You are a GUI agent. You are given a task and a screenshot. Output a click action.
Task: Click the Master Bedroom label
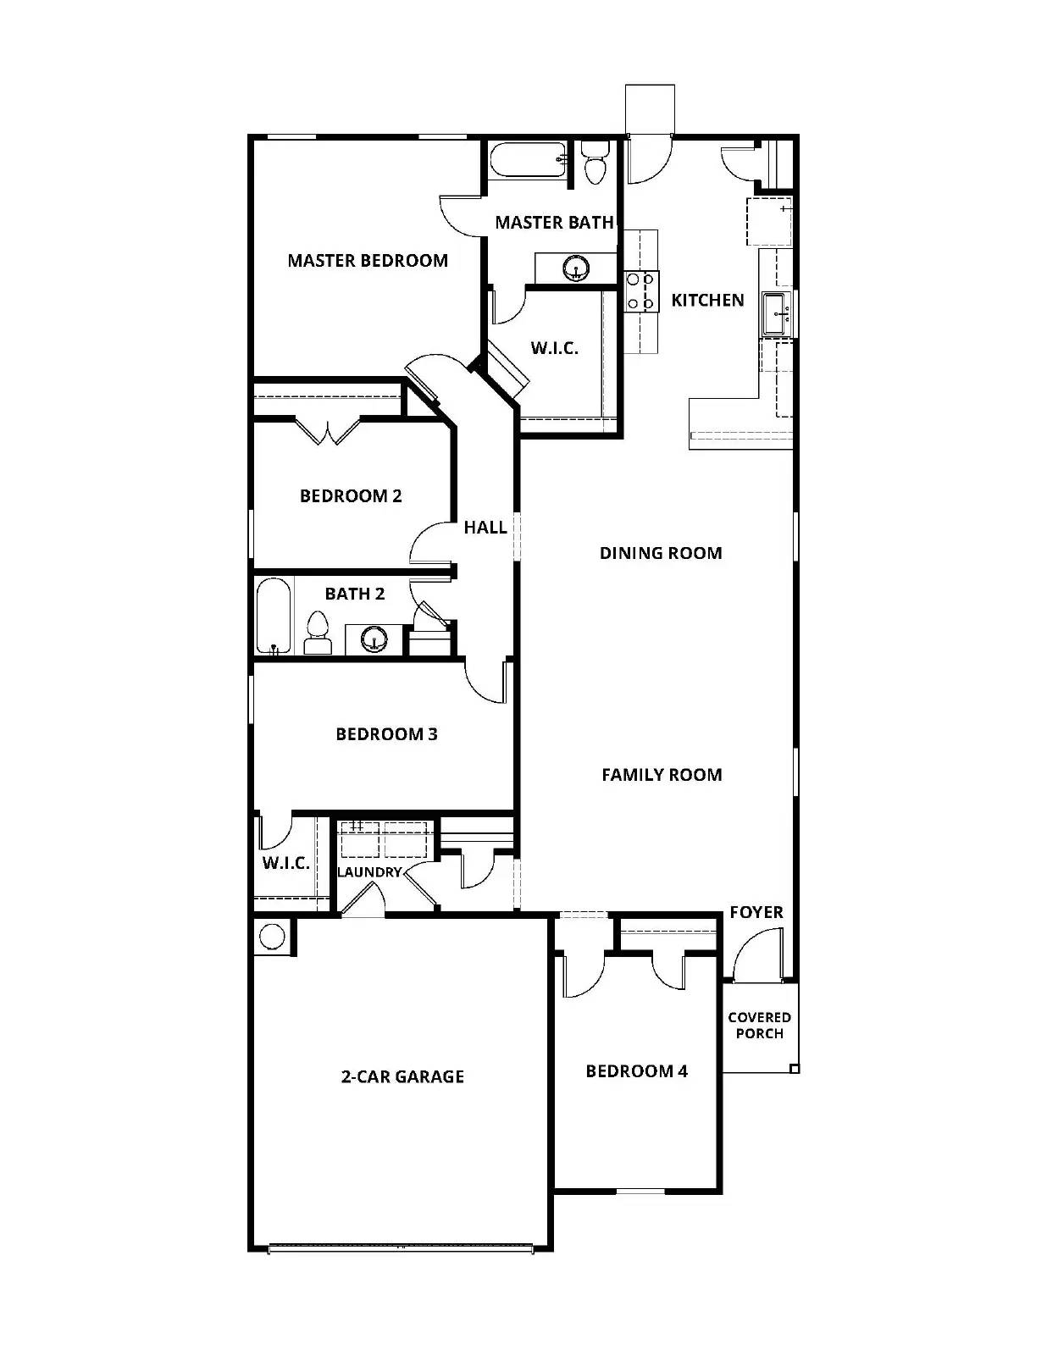pyautogui.click(x=367, y=261)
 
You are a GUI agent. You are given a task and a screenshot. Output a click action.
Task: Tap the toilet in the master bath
pyautogui.click(x=596, y=165)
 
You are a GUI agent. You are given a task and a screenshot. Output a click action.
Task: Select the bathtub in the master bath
pyautogui.click(x=528, y=161)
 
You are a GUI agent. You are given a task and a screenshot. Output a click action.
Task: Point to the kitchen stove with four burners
pyautogui.click(x=641, y=290)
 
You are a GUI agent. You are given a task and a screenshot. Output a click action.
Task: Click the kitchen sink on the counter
pyautogui.click(x=776, y=313)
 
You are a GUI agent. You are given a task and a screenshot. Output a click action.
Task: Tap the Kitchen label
pyautogui.click(x=707, y=300)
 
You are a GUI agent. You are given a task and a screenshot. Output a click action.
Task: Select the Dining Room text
pyautogui.click(x=661, y=553)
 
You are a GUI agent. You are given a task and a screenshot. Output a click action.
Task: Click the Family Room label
pyautogui.click(x=662, y=774)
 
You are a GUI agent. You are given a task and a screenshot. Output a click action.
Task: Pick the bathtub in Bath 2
pyautogui.click(x=274, y=616)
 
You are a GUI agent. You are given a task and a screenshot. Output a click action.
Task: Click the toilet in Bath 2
pyautogui.click(x=317, y=633)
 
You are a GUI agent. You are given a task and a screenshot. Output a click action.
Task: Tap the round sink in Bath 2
pyautogui.click(x=374, y=639)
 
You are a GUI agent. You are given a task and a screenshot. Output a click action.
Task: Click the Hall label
pyautogui.click(x=485, y=528)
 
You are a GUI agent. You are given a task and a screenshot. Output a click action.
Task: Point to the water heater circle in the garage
pyautogui.click(x=272, y=937)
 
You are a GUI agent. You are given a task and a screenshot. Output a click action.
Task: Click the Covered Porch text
pyautogui.click(x=759, y=1025)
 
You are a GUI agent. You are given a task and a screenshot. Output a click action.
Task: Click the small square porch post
pyautogui.click(x=794, y=1069)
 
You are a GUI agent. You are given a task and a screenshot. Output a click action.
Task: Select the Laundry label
pyautogui.click(x=368, y=871)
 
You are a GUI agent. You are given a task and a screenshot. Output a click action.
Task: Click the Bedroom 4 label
pyautogui.click(x=636, y=1071)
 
